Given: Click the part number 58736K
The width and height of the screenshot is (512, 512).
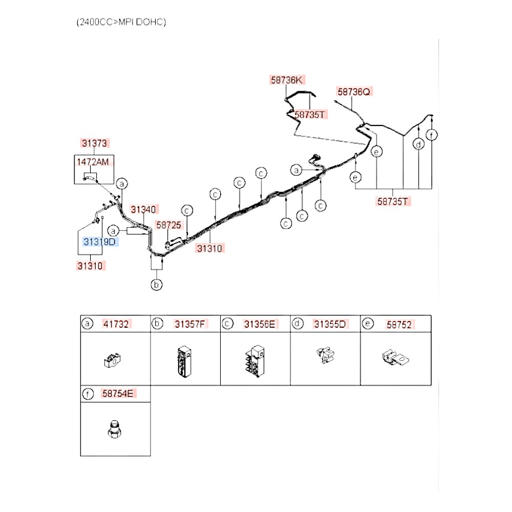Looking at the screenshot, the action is click(x=287, y=80).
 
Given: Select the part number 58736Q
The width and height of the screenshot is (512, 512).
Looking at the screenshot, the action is click(x=354, y=92).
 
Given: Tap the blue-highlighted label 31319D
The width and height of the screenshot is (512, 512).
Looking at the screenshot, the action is click(x=100, y=242).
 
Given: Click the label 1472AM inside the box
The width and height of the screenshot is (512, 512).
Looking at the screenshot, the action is click(x=93, y=162).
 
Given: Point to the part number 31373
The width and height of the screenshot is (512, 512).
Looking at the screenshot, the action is click(x=94, y=143).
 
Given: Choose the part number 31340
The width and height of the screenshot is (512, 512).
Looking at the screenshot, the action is click(x=143, y=209).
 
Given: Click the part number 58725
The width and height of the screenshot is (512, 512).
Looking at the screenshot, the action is click(x=168, y=225).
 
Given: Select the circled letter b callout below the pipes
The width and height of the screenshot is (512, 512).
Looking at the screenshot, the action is click(x=156, y=285).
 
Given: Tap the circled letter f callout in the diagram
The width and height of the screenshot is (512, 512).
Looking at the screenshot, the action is click(x=432, y=135).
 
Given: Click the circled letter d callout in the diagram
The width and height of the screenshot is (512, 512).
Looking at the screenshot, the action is click(x=419, y=144).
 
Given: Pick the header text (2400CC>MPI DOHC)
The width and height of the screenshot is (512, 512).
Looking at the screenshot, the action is click(x=121, y=22).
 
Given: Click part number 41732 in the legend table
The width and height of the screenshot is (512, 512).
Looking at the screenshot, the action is click(x=116, y=324).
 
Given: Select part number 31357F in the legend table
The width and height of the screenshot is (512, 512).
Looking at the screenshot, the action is click(x=190, y=324).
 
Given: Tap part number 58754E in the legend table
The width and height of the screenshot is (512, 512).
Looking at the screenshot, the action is click(x=118, y=394).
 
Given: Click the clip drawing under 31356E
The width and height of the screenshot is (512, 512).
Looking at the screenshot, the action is click(x=255, y=361).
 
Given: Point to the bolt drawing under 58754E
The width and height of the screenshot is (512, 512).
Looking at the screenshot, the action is click(x=114, y=429).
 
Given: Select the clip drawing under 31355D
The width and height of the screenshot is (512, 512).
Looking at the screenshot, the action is click(x=326, y=355).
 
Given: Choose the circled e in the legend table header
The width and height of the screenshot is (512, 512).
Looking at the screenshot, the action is click(x=368, y=324).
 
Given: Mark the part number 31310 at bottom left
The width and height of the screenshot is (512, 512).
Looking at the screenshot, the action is click(x=90, y=266).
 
